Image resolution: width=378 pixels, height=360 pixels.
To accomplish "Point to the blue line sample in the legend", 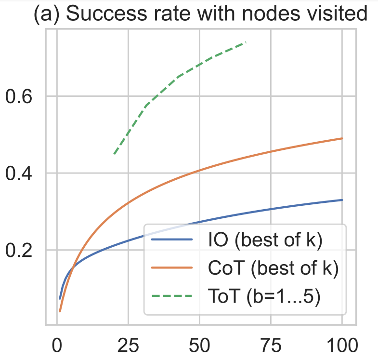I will coord(172,240).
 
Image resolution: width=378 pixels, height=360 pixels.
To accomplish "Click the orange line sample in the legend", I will coord(172,268).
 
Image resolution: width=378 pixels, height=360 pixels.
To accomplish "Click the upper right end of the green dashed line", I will coord(246,42).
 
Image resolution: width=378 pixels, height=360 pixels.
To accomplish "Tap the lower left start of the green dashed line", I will coord(114,154).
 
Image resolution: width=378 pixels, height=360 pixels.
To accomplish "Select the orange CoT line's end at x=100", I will coord(341,138).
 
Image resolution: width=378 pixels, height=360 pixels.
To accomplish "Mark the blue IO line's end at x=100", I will coord(341,200).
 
